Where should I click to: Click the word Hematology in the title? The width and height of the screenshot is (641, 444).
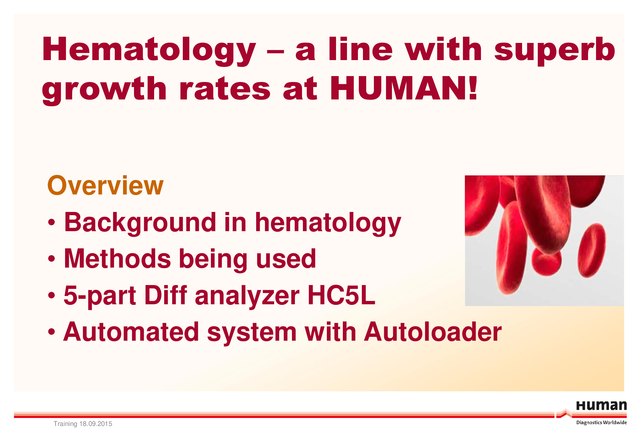click(x=149, y=51)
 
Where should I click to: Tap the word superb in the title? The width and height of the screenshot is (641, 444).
click(x=555, y=51)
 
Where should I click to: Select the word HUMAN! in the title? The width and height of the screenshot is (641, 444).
click(x=403, y=88)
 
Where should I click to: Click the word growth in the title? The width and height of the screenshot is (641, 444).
click(x=104, y=90)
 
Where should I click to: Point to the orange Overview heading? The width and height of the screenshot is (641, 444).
click(x=105, y=186)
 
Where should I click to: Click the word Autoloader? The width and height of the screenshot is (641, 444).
click(x=433, y=332)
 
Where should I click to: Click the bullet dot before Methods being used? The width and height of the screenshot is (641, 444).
click(x=51, y=259)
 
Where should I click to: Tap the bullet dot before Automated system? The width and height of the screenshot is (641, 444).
click(x=51, y=332)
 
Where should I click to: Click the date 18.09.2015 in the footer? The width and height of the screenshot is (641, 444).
click(x=96, y=424)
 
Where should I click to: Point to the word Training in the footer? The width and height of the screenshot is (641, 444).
click(x=65, y=424)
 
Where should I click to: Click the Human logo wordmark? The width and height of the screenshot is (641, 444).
click(x=602, y=406)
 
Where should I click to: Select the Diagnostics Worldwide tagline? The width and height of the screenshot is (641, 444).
click(x=602, y=422)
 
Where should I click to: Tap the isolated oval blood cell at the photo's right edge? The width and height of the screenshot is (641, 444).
click(x=592, y=250)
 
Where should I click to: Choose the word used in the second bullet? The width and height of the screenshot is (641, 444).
click(x=286, y=258)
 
